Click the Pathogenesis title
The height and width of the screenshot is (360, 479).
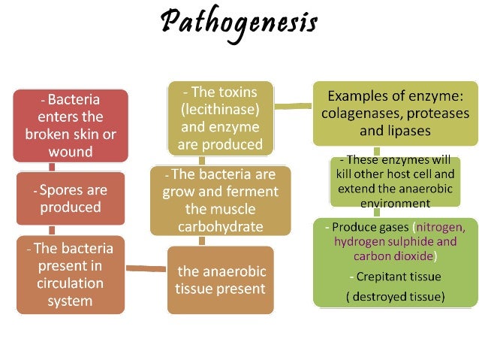click(239, 25)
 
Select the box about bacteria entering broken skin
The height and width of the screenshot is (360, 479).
click(70, 126)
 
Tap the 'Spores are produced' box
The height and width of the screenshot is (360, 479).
click(70, 198)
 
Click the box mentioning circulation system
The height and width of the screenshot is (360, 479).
click(70, 274)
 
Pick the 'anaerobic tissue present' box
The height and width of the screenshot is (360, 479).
click(221, 280)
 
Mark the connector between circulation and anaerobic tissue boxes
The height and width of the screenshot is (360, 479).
click(146, 268)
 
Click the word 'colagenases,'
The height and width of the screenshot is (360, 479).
click(360, 113)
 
